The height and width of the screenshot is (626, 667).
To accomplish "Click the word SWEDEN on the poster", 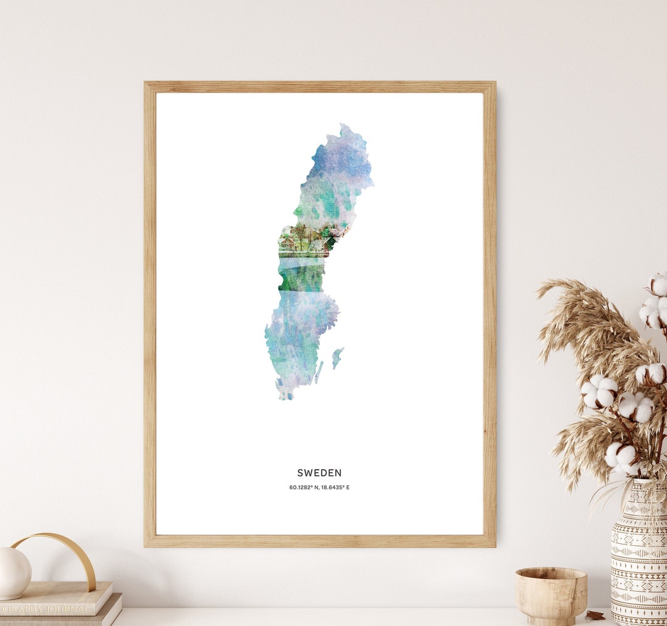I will click(319, 473).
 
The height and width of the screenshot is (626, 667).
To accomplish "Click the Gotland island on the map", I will click(337, 357).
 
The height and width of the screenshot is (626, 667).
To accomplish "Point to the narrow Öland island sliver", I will click(319, 373).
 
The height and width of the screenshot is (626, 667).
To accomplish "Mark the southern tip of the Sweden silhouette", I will click(283, 397).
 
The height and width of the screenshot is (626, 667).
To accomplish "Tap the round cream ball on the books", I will click(14, 573).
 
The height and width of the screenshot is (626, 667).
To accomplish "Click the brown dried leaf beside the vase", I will click(595, 615).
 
